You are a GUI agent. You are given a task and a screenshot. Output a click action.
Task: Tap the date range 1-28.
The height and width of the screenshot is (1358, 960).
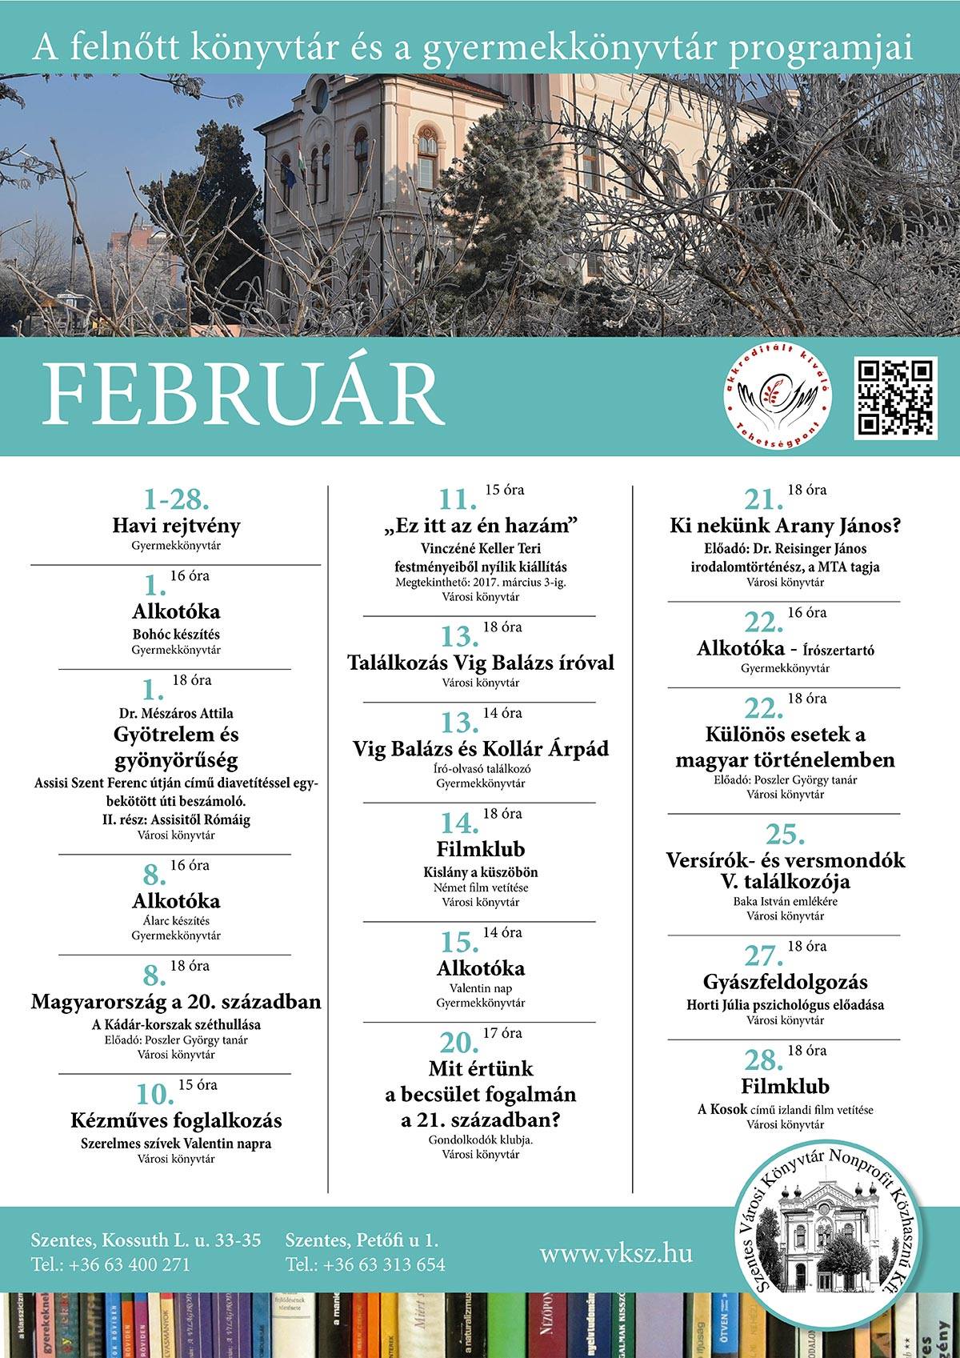pos(175,500)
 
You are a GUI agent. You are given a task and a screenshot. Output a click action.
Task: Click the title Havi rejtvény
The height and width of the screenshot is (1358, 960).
pos(175,526)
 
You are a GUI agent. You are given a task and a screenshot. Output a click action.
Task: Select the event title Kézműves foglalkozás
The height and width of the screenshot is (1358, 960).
pos(176,1120)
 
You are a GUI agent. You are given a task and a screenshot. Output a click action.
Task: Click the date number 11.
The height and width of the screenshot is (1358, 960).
pos(458,500)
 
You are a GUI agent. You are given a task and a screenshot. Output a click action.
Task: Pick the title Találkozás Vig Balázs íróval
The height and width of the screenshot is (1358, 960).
pos(480,663)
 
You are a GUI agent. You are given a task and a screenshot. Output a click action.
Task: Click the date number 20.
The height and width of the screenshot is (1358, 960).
pos(458,1042)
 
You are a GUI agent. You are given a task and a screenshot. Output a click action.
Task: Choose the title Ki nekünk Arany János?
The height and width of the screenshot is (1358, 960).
pos(785,526)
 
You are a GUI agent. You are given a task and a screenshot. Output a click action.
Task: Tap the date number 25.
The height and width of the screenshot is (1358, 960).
pos(785,835)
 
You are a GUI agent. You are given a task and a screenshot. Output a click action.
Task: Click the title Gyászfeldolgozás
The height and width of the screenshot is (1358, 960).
pos(785,982)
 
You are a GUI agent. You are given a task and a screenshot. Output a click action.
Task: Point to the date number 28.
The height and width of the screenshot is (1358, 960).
pos(762,1060)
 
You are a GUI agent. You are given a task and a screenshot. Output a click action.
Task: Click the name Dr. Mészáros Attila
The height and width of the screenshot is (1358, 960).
pos(175,712)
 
